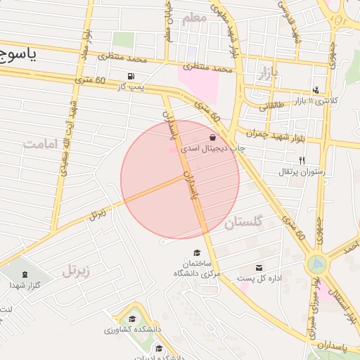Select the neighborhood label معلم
point(195,17)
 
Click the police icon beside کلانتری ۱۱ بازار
point(316,90)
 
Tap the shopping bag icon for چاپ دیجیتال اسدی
point(213,138)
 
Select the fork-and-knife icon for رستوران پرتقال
point(302,160)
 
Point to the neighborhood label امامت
point(39,143)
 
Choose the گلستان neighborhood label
point(243,224)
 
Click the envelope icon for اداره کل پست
point(259,268)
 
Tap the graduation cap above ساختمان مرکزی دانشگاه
point(197,253)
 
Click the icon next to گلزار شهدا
point(25,274)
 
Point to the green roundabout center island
point(317,264)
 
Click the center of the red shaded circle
point(180,179)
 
